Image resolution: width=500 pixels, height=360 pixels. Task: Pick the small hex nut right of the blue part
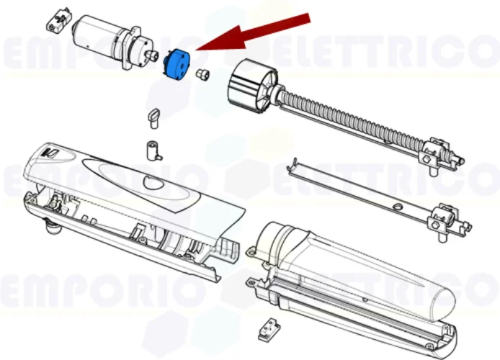(x=204, y=73)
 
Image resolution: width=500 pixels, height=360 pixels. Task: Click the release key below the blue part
(x=153, y=115)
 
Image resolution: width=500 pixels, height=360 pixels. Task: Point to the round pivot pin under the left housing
(x=52, y=228)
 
